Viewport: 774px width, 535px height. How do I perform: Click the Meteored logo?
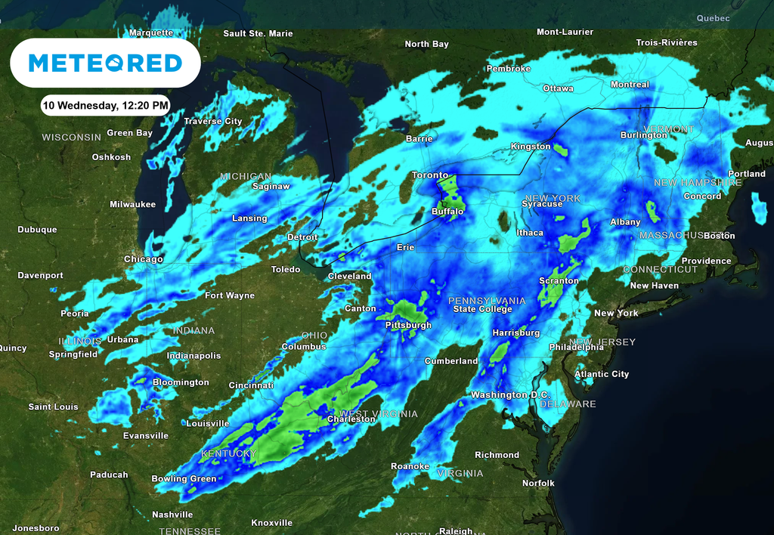(105, 63)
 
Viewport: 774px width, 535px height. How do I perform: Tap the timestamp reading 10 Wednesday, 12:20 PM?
(105, 105)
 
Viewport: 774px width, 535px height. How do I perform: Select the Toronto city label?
(430, 175)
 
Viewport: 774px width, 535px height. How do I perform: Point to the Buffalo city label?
(447, 212)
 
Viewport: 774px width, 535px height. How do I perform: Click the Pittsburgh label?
(408, 325)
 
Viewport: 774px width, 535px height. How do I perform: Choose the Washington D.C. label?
(510, 395)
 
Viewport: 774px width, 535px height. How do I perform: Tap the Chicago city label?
(144, 259)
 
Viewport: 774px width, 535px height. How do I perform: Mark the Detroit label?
(302, 237)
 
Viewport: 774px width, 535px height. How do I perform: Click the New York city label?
(616, 313)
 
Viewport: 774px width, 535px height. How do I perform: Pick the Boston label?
(719, 236)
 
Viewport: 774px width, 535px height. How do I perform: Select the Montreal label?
(630, 85)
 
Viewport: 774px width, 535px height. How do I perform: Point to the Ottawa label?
(558, 88)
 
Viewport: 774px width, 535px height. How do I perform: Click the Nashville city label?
(172, 515)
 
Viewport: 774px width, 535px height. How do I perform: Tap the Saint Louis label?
(53, 407)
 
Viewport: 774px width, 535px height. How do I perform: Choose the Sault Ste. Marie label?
(258, 33)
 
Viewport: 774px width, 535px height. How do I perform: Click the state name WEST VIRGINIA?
(378, 413)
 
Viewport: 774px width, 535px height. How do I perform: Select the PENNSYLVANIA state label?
(487, 301)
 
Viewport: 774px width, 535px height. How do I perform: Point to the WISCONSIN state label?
(71, 138)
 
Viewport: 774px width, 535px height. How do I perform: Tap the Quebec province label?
(713, 18)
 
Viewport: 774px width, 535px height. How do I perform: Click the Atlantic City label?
(602, 374)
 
